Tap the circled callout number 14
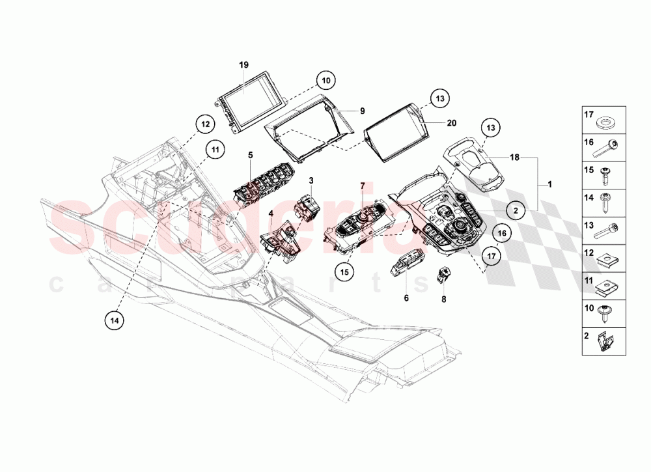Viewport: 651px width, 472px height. pyautogui.click(x=114, y=320)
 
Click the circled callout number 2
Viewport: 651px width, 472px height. pyautogui.click(x=516, y=210)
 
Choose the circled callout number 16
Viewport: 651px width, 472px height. pyautogui.click(x=501, y=232)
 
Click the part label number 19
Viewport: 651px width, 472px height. pyautogui.click(x=243, y=65)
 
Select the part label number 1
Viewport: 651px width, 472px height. pyautogui.click(x=549, y=184)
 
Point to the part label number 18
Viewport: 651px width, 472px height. pyautogui.click(x=514, y=158)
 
